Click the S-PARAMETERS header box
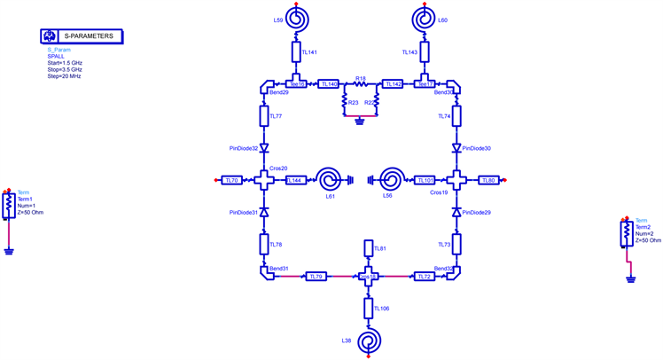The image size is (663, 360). tap(81, 36)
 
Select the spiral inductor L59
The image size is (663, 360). tap(293, 18)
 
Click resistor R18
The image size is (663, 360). tap(361, 85)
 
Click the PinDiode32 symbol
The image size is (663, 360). tap(264, 149)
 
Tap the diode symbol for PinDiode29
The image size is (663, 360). tap(456, 213)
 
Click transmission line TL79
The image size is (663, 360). tap(315, 277)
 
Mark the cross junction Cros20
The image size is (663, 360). tap(264, 180)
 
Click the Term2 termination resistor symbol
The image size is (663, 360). tap(627, 233)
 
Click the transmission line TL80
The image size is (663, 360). tap(487, 180)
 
